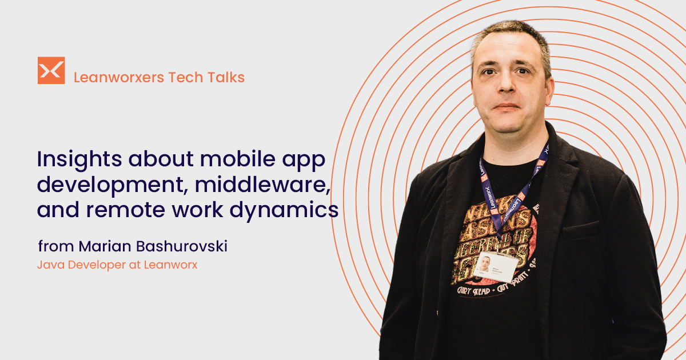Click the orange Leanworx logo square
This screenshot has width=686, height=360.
51,70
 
